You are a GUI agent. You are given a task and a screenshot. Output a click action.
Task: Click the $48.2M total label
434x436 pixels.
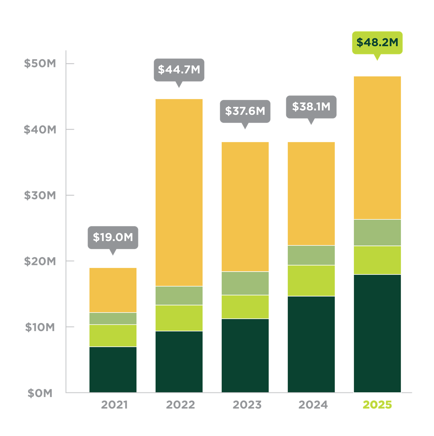[377, 42]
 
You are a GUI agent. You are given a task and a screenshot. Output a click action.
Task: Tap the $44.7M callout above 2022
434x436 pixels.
[179, 70]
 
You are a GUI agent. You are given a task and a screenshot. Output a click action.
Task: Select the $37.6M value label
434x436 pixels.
[245, 111]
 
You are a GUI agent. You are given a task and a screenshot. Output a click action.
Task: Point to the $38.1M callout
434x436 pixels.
[311, 107]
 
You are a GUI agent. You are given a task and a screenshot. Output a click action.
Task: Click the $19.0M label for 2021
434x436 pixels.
[113, 237]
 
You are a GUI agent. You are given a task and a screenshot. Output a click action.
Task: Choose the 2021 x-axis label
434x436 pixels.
[114, 405]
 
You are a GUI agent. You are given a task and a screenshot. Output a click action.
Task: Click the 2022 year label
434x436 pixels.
[180, 405]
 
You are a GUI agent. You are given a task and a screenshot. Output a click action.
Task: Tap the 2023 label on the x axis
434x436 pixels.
[247, 405]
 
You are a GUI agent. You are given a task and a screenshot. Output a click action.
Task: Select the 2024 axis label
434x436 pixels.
[313, 405]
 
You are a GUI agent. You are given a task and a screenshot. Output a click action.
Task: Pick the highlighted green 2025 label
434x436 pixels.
[377, 405]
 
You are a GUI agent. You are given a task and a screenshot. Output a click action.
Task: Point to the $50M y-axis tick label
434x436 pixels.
[40, 63]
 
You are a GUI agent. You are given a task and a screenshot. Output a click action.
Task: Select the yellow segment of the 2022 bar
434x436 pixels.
[179, 192]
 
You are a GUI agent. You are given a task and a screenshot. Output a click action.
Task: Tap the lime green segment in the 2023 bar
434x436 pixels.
[245, 307]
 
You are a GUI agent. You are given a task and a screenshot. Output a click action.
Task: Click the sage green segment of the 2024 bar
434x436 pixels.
[311, 255]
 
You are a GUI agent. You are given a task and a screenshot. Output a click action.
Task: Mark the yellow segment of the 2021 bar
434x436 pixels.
[113, 290]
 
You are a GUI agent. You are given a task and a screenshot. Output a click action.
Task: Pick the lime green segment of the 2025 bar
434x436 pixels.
[377, 260]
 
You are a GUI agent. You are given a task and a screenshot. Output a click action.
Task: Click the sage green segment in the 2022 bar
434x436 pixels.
[179, 296]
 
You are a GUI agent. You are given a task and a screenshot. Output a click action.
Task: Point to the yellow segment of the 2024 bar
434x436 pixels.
[311, 194]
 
